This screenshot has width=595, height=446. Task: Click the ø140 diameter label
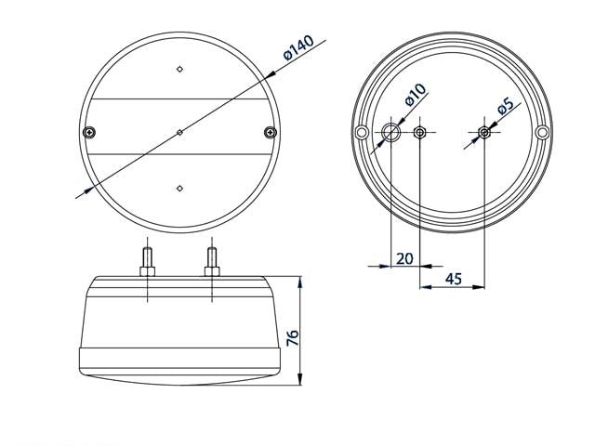pyautogui.click(x=298, y=47)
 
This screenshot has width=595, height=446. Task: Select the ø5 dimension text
pyautogui.click(x=506, y=105)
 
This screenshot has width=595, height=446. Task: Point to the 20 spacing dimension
pyautogui.click(x=404, y=258)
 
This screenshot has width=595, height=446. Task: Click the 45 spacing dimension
pyautogui.click(x=454, y=279)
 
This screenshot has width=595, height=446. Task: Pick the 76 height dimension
pyautogui.click(x=293, y=337)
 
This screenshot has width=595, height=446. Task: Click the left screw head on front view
pyautogui.click(x=89, y=132)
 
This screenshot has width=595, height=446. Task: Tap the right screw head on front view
pyautogui.click(x=271, y=132)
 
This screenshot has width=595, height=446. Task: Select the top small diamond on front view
pyautogui.click(x=179, y=69)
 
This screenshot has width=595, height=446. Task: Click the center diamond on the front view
pyautogui.click(x=179, y=132)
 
